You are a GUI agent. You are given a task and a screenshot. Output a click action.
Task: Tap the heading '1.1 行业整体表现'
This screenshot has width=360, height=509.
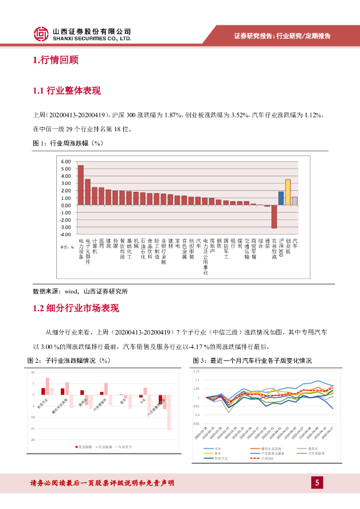[67, 90]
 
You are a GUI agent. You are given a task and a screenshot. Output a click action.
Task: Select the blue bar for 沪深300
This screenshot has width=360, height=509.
[281, 198]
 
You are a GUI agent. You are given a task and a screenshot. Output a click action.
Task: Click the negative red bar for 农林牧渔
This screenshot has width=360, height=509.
[274, 216]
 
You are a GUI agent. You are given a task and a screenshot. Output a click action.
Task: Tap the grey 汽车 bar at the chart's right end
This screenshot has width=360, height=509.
[295, 201]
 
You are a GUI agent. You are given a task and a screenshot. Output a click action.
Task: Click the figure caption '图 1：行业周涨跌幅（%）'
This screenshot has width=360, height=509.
[67, 143]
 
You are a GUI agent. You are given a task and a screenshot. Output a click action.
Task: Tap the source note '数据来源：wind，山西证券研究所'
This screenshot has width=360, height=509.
[80, 291]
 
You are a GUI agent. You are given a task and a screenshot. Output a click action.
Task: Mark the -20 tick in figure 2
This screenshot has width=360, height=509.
[33, 440]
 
